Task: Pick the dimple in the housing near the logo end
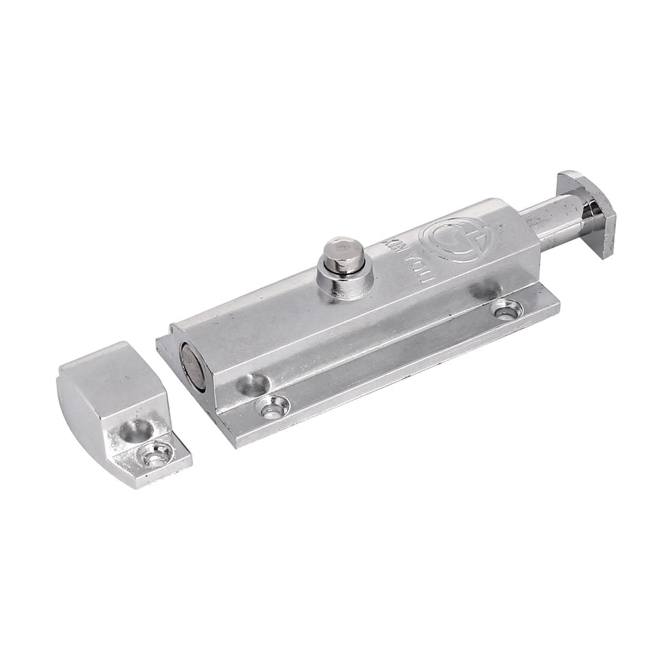pyautogui.click(x=481, y=293)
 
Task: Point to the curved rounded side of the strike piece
pyautogui.click(x=78, y=421)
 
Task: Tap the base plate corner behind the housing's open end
pyautogui.click(x=158, y=341)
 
